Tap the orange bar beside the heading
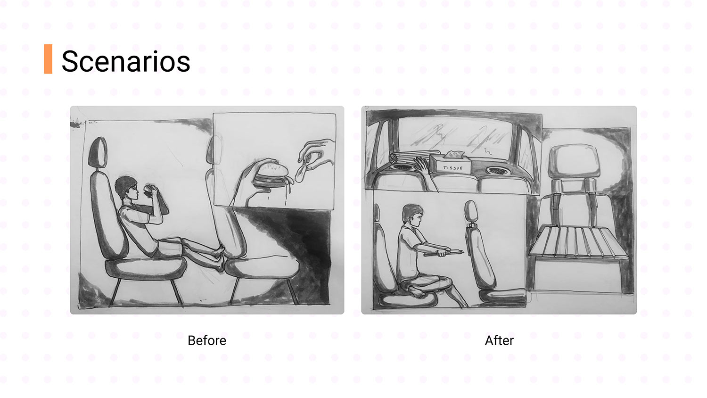coord(48,59)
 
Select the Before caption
coord(207,340)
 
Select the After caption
coord(499,340)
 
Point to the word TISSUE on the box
coord(453,168)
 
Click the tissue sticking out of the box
coord(454,154)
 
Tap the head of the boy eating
coord(127,188)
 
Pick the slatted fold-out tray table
coord(578,241)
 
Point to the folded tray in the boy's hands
coord(444,253)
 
